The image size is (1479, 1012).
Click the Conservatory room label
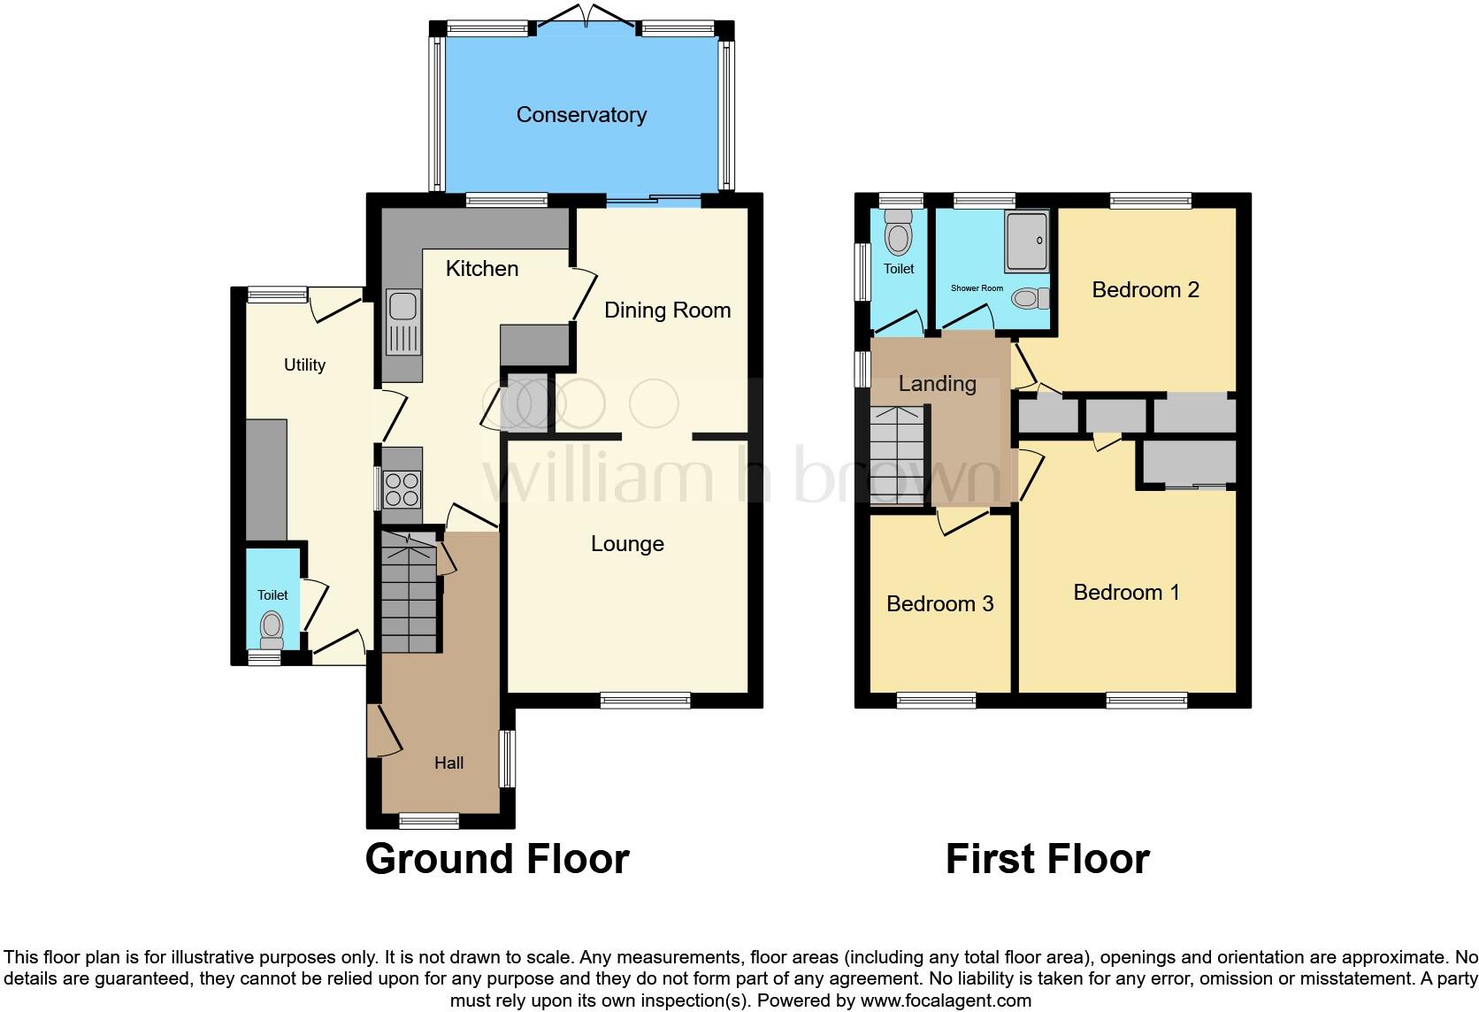pos(581,115)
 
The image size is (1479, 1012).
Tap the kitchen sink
pos(403,323)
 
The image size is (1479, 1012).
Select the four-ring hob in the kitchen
pos(402,490)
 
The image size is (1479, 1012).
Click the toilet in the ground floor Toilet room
pos(272,631)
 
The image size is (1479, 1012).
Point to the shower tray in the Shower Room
pos(1026,241)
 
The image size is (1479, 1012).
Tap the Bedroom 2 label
pos(1146,290)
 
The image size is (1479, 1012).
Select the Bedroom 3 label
pos(939,603)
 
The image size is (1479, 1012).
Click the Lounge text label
pos(627,544)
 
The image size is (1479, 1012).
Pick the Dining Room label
pos(667,310)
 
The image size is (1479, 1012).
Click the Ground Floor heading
pos(497,859)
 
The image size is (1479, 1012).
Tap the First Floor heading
pos(1047,859)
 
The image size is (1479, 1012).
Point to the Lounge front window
pos(645,701)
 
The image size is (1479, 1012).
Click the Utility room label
pos(304,365)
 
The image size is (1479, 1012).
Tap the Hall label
pos(448,763)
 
